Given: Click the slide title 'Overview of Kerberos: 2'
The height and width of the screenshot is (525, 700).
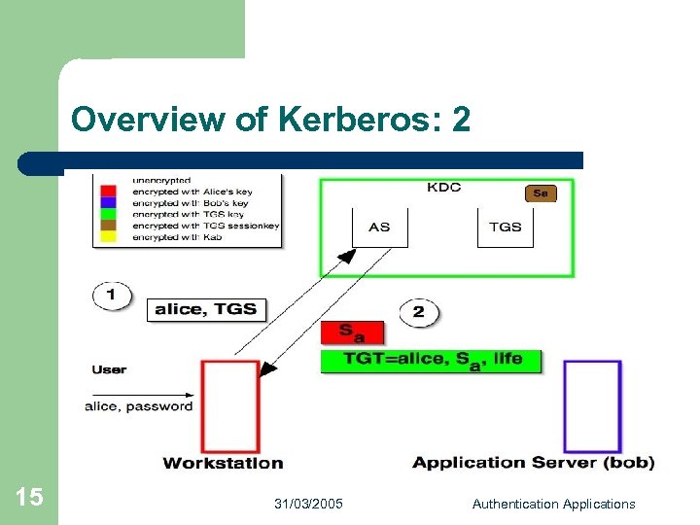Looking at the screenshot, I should pyautogui.click(x=270, y=120).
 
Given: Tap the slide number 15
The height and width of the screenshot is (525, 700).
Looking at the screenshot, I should pyautogui.click(x=29, y=498).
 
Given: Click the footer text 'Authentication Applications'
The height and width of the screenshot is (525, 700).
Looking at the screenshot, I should pyautogui.click(x=553, y=504).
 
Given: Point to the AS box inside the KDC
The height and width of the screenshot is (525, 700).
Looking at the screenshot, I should pyautogui.click(x=379, y=227).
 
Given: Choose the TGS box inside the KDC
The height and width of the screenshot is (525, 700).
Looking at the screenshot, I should pyautogui.click(x=506, y=227).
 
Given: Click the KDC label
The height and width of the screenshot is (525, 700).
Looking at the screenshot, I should pyautogui.click(x=444, y=188).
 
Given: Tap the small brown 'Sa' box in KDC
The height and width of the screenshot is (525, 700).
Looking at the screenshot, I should pyautogui.click(x=541, y=193).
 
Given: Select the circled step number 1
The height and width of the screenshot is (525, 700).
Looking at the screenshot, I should pyautogui.click(x=112, y=294).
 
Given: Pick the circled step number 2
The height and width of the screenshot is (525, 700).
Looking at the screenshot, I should pyautogui.click(x=419, y=312).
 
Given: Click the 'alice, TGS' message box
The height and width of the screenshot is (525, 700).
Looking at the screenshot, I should pyautogui.click(x=206, y=309).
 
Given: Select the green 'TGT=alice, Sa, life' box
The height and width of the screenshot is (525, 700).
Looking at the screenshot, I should pyautogui.click(x=431, y=360).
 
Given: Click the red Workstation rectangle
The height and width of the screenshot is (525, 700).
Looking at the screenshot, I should pyautogui.click(x=230, y=405).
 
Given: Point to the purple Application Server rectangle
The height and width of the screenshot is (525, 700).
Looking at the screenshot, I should pyautogui.click(x=592, y=405).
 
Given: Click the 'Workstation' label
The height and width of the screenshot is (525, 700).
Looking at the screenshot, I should pyautogui.click(x=223, y=463).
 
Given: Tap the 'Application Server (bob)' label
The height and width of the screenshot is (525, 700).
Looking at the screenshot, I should pyautogui.click(x=533, y=463).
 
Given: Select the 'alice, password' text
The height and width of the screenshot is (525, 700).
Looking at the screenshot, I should pyautogui.click(x=139, y=406).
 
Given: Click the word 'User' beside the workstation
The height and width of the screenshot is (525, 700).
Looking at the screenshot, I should pyautogui.click(x=109, y=369).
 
